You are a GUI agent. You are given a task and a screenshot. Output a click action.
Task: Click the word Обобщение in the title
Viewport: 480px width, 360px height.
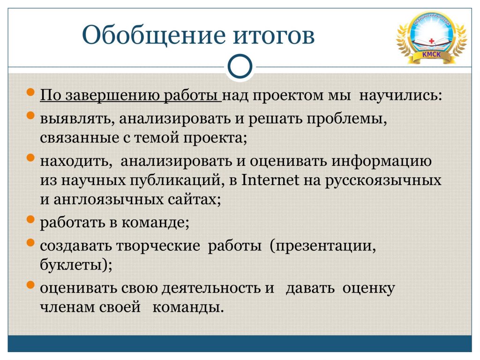click(x=154, y=36)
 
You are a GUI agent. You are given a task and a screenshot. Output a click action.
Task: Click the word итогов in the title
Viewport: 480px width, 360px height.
click(x=274, y=36)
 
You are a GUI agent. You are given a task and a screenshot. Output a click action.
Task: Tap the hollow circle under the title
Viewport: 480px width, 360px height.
click(x=240, y=67)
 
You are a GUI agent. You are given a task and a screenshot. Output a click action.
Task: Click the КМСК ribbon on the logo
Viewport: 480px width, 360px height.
click(x=432, y=55)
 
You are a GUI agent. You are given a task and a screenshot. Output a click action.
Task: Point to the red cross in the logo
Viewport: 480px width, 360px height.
click(x=432, y=41)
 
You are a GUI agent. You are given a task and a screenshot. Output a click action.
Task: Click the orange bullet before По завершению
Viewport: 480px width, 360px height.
click(x=30, y=92)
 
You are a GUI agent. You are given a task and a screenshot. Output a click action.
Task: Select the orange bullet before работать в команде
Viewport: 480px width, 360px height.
click(x=30, y=219)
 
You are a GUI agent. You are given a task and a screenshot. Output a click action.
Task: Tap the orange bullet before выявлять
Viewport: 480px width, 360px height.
click(x=30, y=115)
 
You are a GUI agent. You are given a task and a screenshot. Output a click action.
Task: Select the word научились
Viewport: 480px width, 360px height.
click(x=401, y=95)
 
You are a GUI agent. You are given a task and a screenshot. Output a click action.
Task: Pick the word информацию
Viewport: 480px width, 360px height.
click(x=382, y=162)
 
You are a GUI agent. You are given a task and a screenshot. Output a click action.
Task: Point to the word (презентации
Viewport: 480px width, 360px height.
click(x=323, y=246)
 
